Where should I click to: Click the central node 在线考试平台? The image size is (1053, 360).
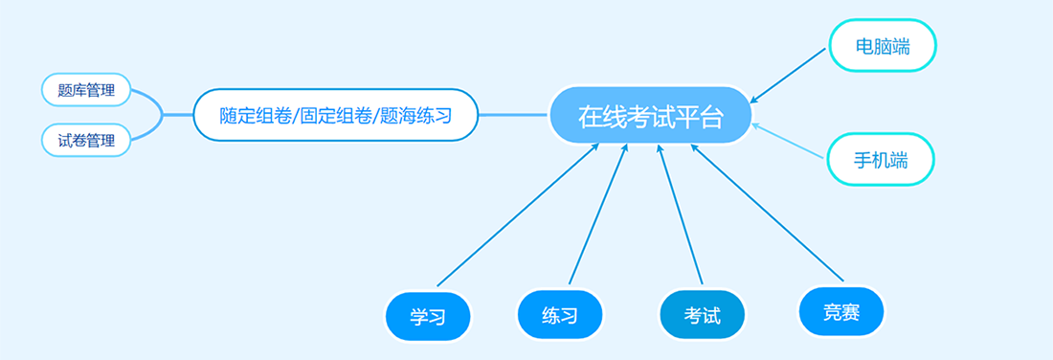[650, 116]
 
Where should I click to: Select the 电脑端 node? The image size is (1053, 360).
[883, 46]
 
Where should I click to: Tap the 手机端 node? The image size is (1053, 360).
[881, 160]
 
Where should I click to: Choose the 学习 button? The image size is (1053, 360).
[428, 316]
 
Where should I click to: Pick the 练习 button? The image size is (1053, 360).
[560, 314]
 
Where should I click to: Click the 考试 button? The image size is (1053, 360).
[703, 314]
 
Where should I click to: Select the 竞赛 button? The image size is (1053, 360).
[841, 311]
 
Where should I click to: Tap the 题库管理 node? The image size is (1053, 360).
[86, 89]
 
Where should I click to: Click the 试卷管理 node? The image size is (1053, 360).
[86, 141]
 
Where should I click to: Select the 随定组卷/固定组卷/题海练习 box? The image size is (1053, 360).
[336, 115]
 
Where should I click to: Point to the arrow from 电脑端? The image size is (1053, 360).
[788, 76]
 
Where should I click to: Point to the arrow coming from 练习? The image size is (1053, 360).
[598, 214]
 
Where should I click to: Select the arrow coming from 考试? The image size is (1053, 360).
[680, 214]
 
